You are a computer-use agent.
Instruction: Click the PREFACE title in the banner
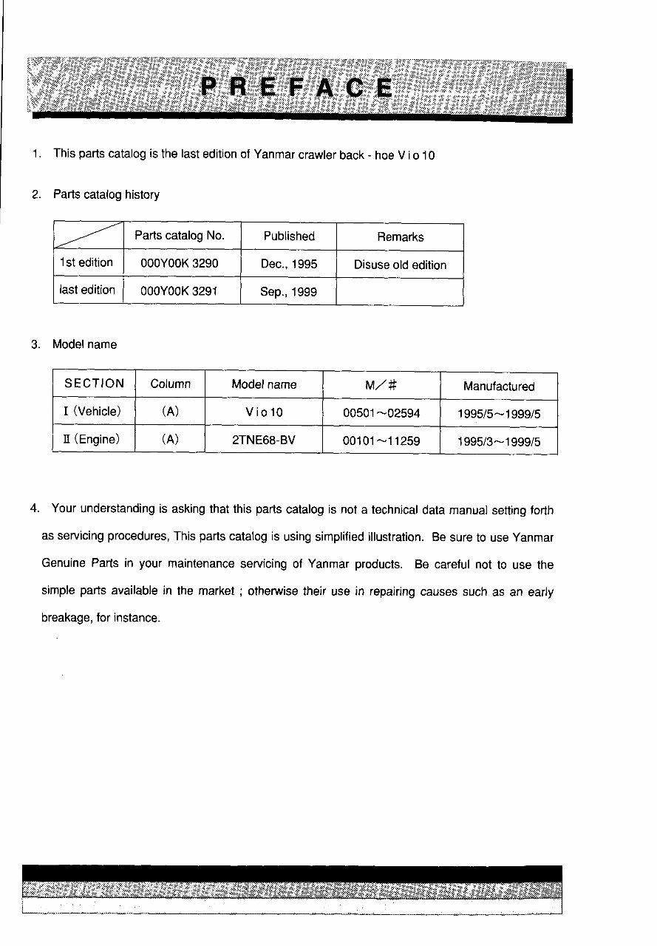297,89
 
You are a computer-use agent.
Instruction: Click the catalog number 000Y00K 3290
180,264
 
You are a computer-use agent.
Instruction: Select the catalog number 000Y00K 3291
180,291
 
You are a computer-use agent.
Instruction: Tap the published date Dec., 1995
289,264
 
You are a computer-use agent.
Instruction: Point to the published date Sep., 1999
288,292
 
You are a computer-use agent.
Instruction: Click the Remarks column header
400,237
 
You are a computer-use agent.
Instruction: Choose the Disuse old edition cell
400,265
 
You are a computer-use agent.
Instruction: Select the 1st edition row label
86,263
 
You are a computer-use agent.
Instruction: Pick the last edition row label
87,290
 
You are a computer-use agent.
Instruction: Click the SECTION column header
95,384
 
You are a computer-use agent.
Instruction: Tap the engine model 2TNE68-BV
264,440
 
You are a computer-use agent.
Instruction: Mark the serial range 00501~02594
381,413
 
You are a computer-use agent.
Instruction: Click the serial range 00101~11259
381,440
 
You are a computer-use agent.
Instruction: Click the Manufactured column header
499,387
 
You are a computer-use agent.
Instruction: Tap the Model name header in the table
264,384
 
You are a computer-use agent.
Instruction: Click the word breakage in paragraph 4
66,618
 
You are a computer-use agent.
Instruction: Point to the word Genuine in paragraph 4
64,565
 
